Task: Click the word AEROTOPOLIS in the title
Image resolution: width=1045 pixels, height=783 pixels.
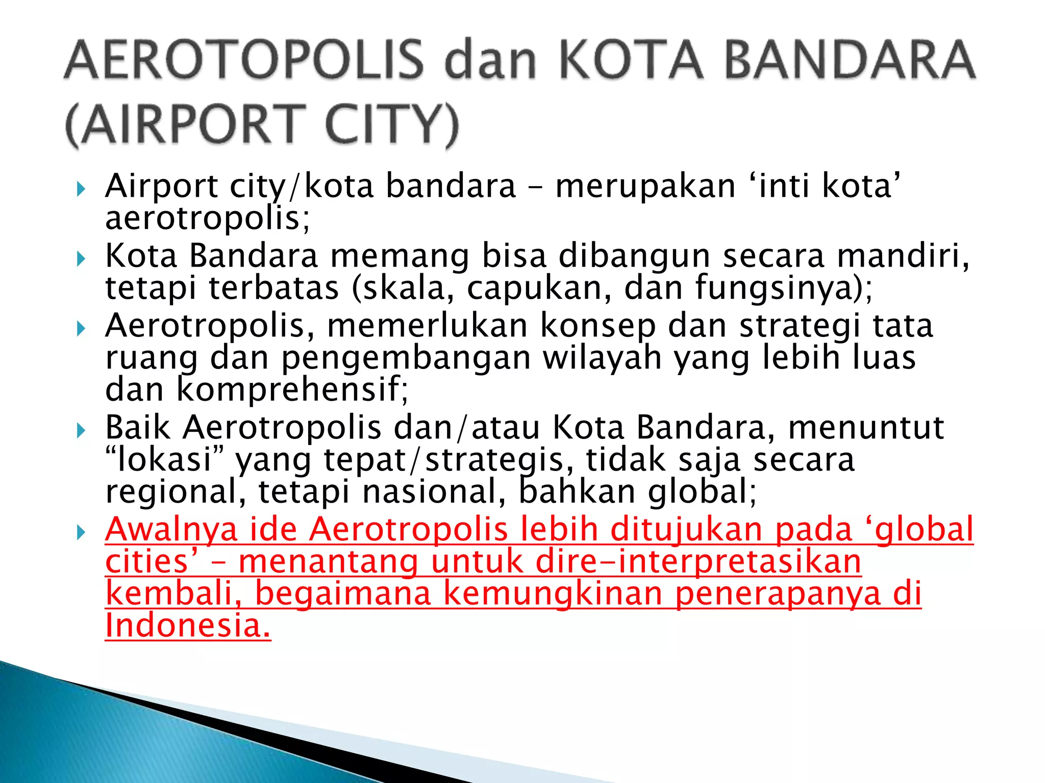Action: pyautogui.click(x=243, y=60)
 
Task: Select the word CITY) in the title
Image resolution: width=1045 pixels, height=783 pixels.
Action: pyautogui.click(x=392, y=124)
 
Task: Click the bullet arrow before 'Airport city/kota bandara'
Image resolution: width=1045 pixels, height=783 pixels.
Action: pyautogui.click(x=81, y=190)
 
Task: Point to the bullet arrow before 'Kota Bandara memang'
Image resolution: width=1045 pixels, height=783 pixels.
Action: pyautogui.click(x=81, y=259)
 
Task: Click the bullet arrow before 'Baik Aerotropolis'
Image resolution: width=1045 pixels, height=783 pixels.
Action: pyautogui.click(x=81, y=431)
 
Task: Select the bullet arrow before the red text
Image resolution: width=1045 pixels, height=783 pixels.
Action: pyautogui.click(x=81, y=533)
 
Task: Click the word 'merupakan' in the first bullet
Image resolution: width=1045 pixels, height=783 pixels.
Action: pyautogui.click(x=645, y=186)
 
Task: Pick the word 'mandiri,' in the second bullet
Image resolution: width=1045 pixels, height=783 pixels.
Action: pyautogui.click(x=903, y=255)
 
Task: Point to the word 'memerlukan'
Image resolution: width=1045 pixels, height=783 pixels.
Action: pyautogui.click(x=428, y=326)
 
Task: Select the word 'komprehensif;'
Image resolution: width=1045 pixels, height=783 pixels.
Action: pyautogui.click(x=292, y=390)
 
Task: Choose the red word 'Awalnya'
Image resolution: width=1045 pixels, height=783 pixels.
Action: pyautogui.click(x=171, y=530)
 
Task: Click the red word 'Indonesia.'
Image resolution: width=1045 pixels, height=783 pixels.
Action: pyautogui.click(x=188, y=625)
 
